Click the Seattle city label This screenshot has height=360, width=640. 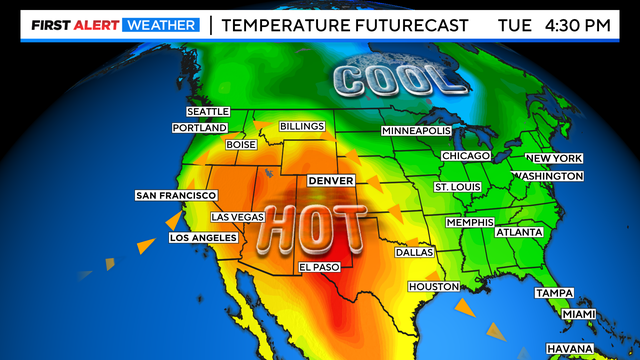pos(208,111)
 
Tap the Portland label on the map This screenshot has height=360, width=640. pos(200,127)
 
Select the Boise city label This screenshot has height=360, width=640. pos(242,144)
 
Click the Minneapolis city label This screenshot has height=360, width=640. pos(417,131)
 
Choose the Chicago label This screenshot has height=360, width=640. pos(466,156)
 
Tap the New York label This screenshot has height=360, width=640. pos(553,159)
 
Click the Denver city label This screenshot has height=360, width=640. pos(332,180)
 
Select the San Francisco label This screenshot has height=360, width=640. pos(176,195)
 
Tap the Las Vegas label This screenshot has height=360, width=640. pos(238,217)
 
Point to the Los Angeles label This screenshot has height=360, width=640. pos(205,238)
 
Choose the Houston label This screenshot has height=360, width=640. pos(433,287)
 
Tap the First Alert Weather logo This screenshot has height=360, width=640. pos(101,24)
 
